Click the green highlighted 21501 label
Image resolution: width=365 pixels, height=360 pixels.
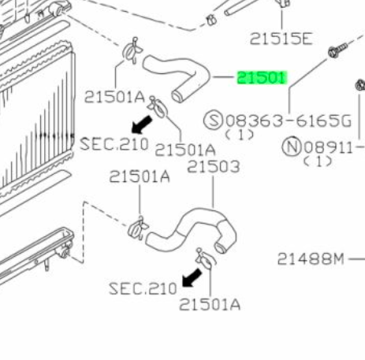coord(262,78)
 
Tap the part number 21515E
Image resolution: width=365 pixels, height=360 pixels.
coord(281,39)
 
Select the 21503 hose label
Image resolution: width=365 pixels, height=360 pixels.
coord(214,167)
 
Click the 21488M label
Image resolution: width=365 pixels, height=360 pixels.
coord(311,259)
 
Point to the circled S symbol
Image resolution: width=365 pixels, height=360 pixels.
coord(213,121)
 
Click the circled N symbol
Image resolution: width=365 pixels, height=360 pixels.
coord(292,147)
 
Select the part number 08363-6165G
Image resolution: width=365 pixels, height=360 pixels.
coord(289,121)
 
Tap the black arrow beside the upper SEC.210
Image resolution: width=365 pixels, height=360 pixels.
coord(142,124)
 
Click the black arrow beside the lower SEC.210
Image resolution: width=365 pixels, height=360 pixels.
coord(192,277)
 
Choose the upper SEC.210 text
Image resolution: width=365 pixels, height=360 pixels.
coord(114,144)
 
